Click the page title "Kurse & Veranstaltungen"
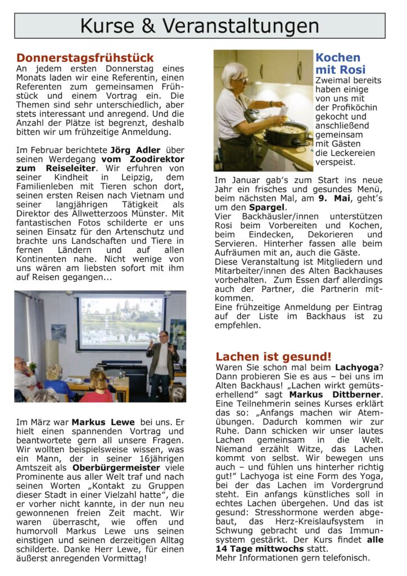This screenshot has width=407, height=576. [x=200, y=26]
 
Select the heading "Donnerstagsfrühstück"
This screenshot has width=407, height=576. [x=85, y=58]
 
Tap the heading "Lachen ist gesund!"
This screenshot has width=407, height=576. [x=273, y=356]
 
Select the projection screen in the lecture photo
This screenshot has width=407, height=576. [x=122, y=321]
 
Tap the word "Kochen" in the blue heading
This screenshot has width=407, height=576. [x=338, y=57]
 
